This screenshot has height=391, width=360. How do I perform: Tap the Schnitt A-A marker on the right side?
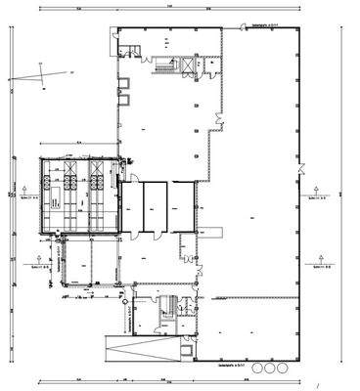[x=315, y=193]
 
